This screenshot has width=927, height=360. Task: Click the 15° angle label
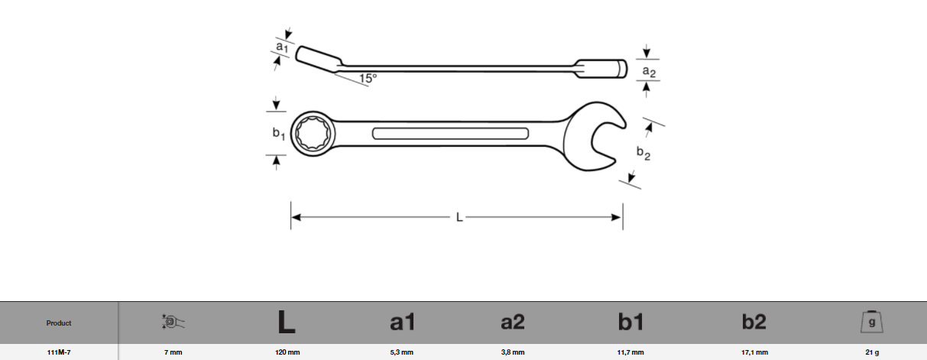pos(368,78)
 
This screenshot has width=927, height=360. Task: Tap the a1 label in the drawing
pos(282,47)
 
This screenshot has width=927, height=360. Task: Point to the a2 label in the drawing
pos(649,72)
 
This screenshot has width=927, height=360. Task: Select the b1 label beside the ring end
pos(278,133)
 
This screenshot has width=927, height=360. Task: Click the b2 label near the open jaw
pos(643,153)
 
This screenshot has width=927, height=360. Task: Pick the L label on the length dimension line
pos(459,217)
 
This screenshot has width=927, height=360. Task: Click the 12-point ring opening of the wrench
pos(313,133)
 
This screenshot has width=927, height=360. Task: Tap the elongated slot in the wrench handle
pos(450,134)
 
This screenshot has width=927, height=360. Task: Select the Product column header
pos(59,323)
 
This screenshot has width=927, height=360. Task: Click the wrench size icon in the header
pos(173,322)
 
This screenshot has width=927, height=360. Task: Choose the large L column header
pos(287,322)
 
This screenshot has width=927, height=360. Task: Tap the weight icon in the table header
pos(871,322)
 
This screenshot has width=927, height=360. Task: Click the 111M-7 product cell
pos(59,352)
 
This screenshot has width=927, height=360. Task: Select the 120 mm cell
pos(287,352)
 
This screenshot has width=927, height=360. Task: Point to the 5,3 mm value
pos(401,352)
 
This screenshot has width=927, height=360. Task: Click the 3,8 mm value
pos(513,352)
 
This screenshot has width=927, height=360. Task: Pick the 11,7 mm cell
pos(630,352)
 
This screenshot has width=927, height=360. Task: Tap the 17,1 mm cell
pos(754,352)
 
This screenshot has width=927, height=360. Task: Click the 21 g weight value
pos(872,352)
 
